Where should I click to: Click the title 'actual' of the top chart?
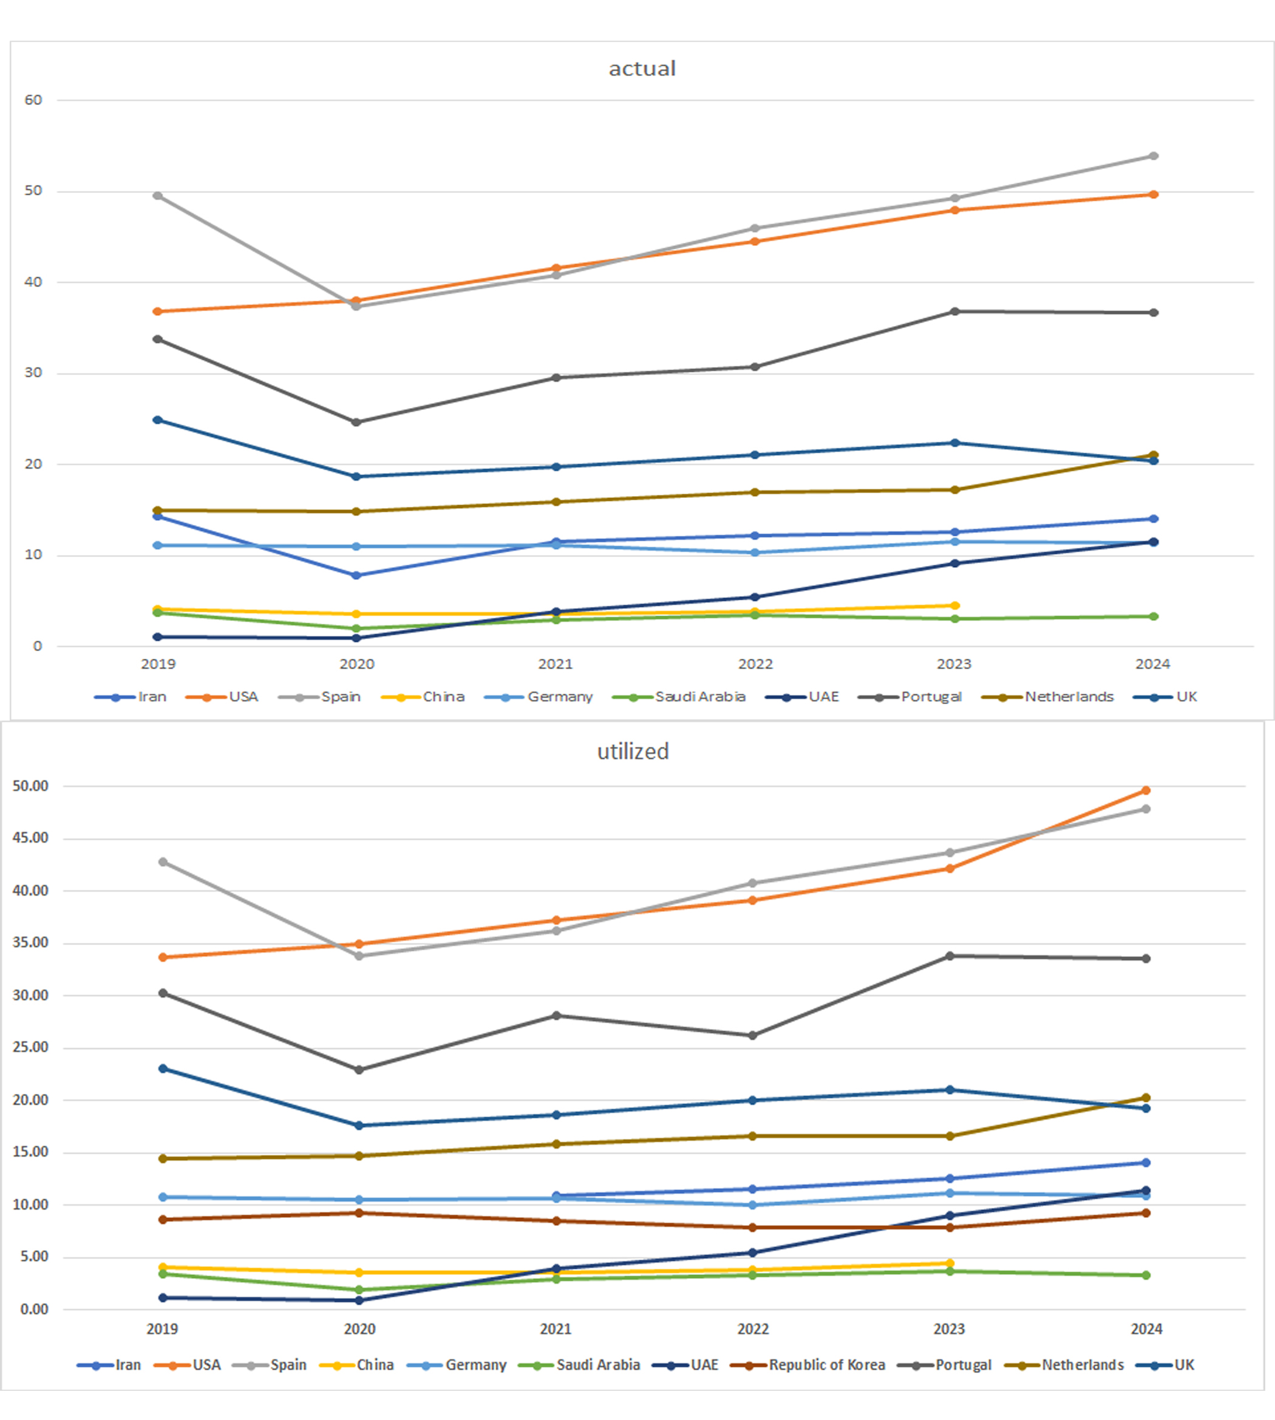[642, 69]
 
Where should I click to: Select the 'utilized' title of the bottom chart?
[633, 752]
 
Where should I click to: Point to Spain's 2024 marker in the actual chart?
[1153, 156]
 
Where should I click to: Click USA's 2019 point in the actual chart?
[158, 311]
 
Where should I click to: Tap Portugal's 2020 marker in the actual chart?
[356, 423]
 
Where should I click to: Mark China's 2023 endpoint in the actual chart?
[955, 605]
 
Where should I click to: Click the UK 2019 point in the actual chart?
[158, 420]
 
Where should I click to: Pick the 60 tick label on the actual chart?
[33, 100]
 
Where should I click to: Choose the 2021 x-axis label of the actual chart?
[556, 664]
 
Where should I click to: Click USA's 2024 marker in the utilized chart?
[1146, 790]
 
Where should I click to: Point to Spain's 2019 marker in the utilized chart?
[163, 861]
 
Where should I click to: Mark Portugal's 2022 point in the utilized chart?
[753, 1035]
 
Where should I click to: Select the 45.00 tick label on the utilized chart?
[30, 838]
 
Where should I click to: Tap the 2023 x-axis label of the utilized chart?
[949, 1329]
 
